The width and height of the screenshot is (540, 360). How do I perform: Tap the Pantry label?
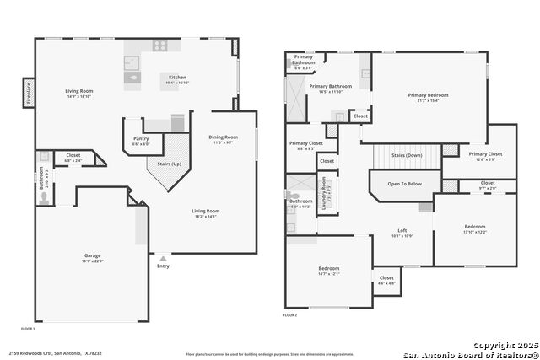point(141,139)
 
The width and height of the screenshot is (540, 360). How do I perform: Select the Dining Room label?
point(224,137)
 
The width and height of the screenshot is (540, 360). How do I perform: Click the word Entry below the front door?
point(163,266)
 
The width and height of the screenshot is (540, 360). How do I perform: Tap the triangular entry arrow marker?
point(163,258)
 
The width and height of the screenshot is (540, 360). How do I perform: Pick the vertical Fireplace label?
point(28,90)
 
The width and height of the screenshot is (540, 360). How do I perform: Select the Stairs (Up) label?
point(170,163)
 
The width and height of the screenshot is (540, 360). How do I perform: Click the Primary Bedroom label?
point(429,95)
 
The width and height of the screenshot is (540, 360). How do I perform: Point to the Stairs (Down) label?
point(408,155)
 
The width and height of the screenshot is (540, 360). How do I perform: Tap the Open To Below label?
point(405,183)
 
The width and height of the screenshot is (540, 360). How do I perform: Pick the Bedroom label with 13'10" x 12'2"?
point(474,227)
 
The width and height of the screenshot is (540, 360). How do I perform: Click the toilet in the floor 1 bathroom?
point(44,198)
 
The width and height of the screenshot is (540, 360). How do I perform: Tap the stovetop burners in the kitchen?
point(159,45)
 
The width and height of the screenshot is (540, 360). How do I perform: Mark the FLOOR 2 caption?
point(290,314)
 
